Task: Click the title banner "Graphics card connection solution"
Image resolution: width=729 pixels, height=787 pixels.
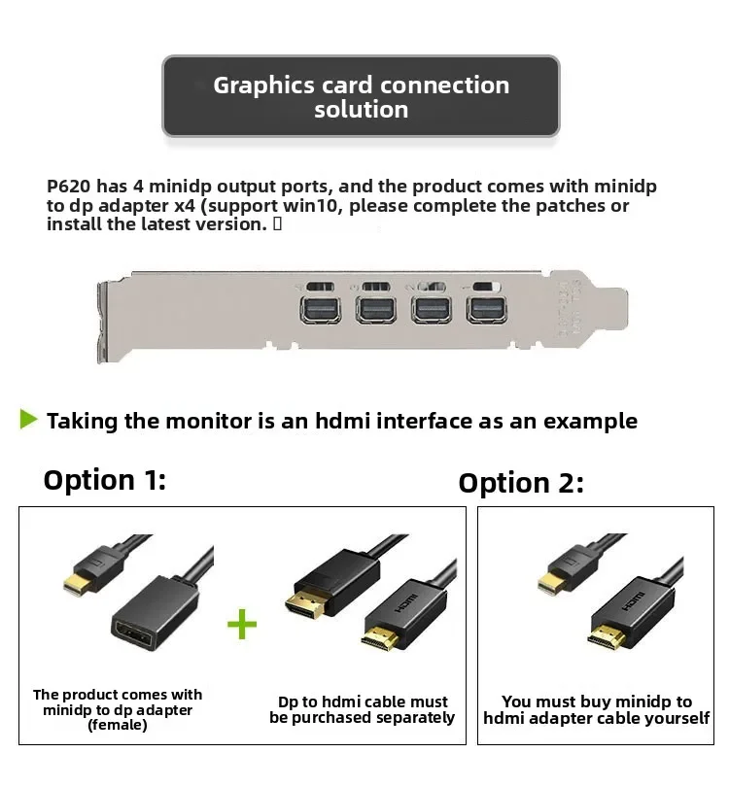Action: click(361, 96)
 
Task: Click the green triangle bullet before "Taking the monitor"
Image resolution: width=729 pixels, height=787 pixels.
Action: click(28, 420)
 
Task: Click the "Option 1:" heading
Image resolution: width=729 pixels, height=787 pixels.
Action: click(105, 480)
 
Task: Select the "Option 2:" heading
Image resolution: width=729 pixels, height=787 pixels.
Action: click(521, 483)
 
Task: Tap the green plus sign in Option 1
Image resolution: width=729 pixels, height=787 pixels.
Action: click(242, 624)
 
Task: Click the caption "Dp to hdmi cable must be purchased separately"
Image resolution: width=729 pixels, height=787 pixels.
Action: click(363, 709)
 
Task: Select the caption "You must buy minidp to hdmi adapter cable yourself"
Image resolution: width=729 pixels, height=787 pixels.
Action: click(597, 709)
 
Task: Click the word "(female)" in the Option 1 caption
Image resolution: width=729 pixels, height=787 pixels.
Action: click(117, 725)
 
